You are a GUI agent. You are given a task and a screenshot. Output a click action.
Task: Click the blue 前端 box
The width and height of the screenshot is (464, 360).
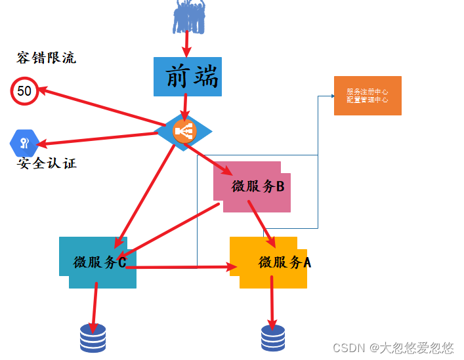186,76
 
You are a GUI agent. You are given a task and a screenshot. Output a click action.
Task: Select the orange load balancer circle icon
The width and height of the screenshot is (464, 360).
184,131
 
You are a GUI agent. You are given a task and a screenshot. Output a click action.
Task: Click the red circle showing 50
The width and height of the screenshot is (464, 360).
24,91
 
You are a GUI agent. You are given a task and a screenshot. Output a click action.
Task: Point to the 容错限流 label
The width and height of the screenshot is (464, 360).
46,58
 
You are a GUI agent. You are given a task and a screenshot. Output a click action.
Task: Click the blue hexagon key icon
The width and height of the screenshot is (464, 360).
24,143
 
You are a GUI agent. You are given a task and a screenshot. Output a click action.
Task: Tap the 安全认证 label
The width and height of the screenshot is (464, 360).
47,163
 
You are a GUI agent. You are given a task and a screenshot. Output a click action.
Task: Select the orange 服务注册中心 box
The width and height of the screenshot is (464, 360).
368,96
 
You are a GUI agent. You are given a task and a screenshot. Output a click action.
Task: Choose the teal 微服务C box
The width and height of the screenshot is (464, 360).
98,262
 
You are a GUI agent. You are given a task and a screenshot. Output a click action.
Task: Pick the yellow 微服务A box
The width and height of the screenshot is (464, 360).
269,262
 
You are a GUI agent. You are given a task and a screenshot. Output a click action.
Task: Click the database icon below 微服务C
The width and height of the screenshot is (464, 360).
93,338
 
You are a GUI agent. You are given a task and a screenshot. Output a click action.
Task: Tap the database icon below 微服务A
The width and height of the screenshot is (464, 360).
273,338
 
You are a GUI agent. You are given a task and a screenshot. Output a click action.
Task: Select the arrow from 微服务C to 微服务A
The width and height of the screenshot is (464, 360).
184,267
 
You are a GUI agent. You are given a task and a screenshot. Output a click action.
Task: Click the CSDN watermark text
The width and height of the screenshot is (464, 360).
393,348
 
